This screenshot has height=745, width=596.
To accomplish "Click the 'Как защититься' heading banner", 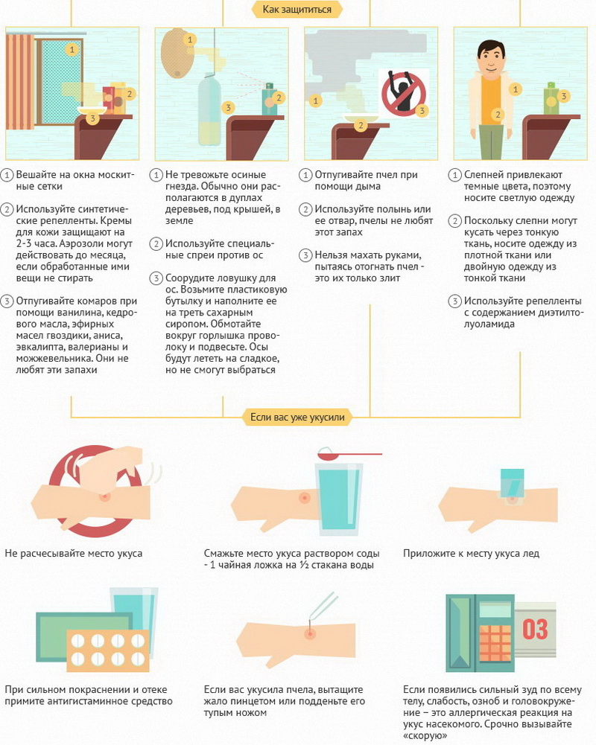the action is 297,9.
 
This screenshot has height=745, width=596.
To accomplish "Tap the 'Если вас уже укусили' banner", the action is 297,418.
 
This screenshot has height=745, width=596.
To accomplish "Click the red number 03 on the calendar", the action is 535,629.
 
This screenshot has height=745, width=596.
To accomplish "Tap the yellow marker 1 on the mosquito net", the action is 72,49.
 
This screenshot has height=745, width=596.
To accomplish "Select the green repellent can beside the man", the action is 552,98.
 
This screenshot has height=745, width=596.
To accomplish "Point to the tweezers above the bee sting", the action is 323,605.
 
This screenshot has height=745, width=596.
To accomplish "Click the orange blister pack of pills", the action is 108,650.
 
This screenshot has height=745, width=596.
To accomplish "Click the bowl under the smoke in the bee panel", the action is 361,118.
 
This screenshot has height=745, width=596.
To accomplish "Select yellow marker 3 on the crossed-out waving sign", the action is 422,111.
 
